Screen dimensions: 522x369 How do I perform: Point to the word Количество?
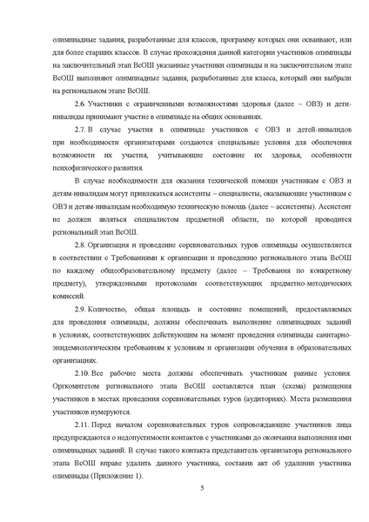110,309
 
